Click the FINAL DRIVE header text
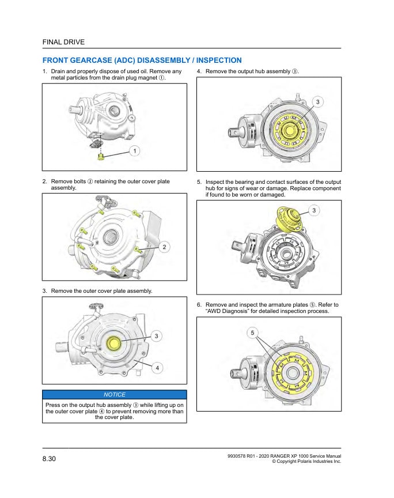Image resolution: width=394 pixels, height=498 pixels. click(x=63, y=42)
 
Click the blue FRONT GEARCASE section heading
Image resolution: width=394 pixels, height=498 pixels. click(x=142, y=61)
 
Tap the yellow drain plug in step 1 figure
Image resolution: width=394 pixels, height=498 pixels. click(x=101, y=156)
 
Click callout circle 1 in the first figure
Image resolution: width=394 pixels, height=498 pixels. click(x=134, y=151)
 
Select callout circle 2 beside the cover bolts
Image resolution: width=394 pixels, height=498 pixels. click(x=164, y=247)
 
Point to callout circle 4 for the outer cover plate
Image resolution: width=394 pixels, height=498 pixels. click(x=157, y=368)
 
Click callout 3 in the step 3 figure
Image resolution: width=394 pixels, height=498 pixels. click(x=157, y=336)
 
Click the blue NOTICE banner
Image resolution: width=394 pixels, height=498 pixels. click(x=114, y=394)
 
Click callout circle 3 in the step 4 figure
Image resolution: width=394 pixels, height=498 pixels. click(x=318, y=102)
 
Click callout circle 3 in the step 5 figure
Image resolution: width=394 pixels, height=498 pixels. click(x=314, y=210)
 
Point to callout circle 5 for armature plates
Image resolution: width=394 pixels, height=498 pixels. click(x=253, y=333)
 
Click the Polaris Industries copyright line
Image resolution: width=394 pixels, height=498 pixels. click(x=306, y=462)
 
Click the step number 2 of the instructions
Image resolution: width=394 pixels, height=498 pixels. click(x=45, y=182)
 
